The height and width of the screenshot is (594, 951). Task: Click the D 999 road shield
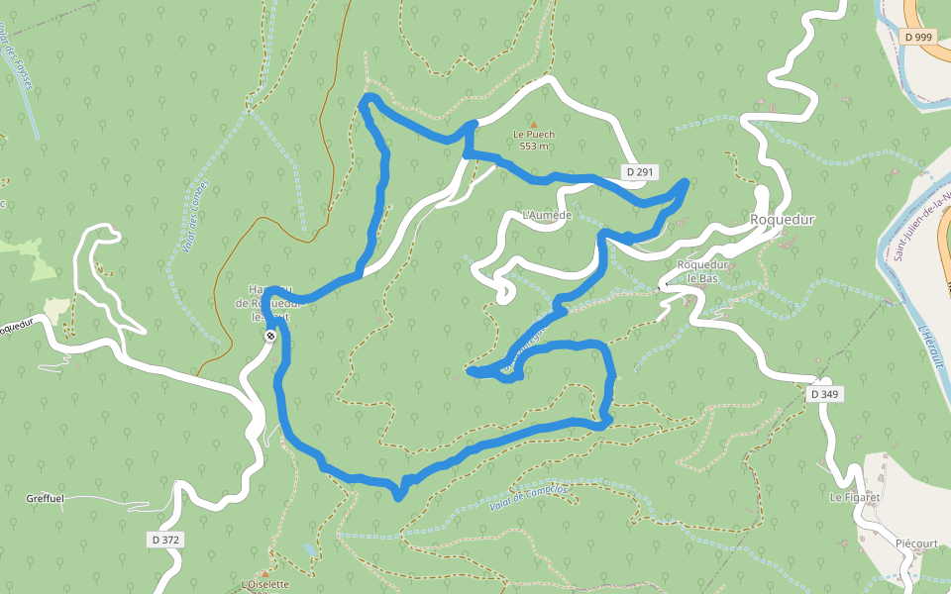tap(919, 37)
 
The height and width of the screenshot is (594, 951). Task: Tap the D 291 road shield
tap(640, 172)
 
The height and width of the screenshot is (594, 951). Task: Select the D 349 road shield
tap(824, 394)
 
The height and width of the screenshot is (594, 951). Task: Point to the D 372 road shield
tap(166, 540)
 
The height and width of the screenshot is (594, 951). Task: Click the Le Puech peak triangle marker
tap(533, 124)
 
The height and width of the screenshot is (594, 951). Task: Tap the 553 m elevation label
tap(533, 147)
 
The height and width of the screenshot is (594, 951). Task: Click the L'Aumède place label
tap(547, 216)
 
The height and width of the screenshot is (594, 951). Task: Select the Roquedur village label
tap(782, 220)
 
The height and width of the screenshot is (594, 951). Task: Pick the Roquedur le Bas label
tap(702, 271)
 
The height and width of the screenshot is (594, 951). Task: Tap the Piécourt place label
tap(916, 544)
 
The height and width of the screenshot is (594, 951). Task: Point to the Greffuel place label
tap(46, 499)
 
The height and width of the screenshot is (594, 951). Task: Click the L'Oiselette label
tap(264, 585)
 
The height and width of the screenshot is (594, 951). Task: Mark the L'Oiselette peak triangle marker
tap(264, 572)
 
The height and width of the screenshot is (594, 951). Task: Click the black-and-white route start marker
tap(269, 337)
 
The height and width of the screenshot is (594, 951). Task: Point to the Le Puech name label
tap(533, 135)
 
